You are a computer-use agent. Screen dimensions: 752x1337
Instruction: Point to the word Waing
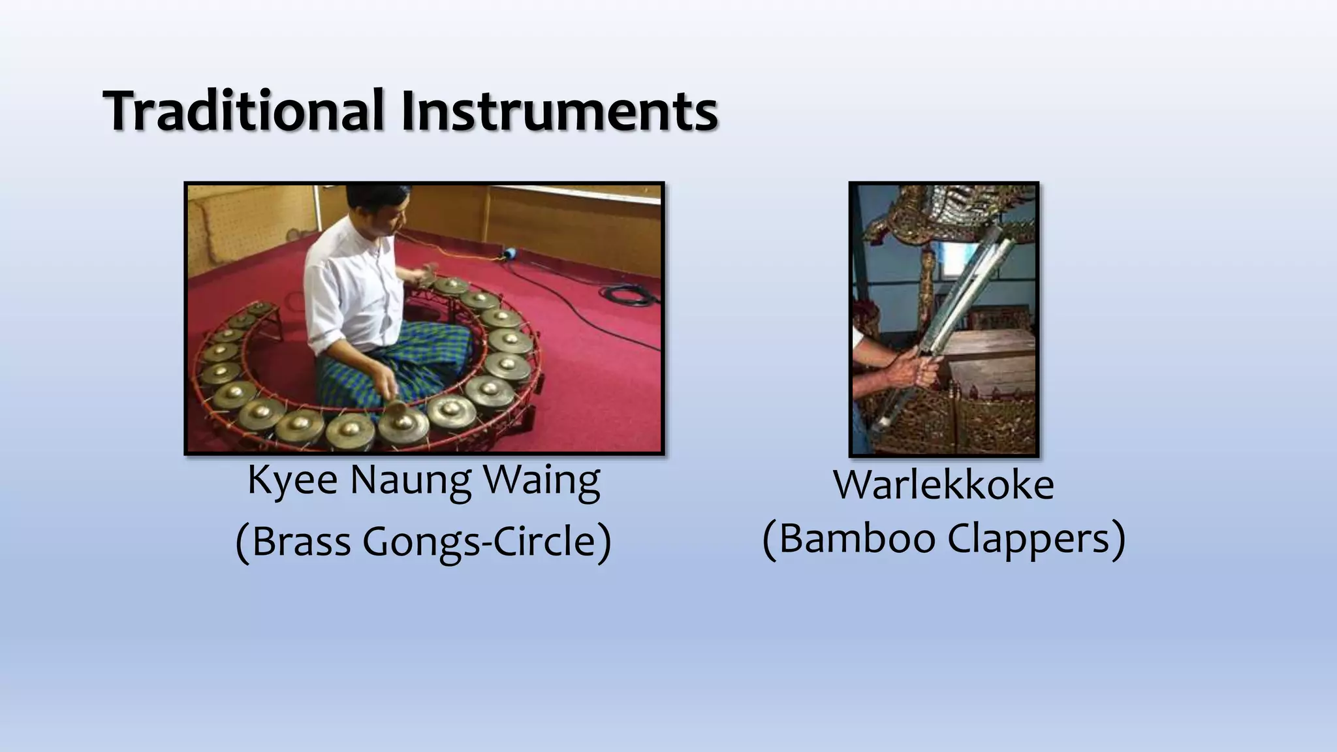pos(541,482)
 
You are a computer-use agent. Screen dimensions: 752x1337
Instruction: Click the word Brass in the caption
pos(299,542)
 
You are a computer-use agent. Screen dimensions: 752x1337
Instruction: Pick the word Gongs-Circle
pos(486,542)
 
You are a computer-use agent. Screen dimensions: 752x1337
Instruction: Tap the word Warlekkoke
pos(943,486)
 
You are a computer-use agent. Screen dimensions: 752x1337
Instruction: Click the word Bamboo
pos(857,539)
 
